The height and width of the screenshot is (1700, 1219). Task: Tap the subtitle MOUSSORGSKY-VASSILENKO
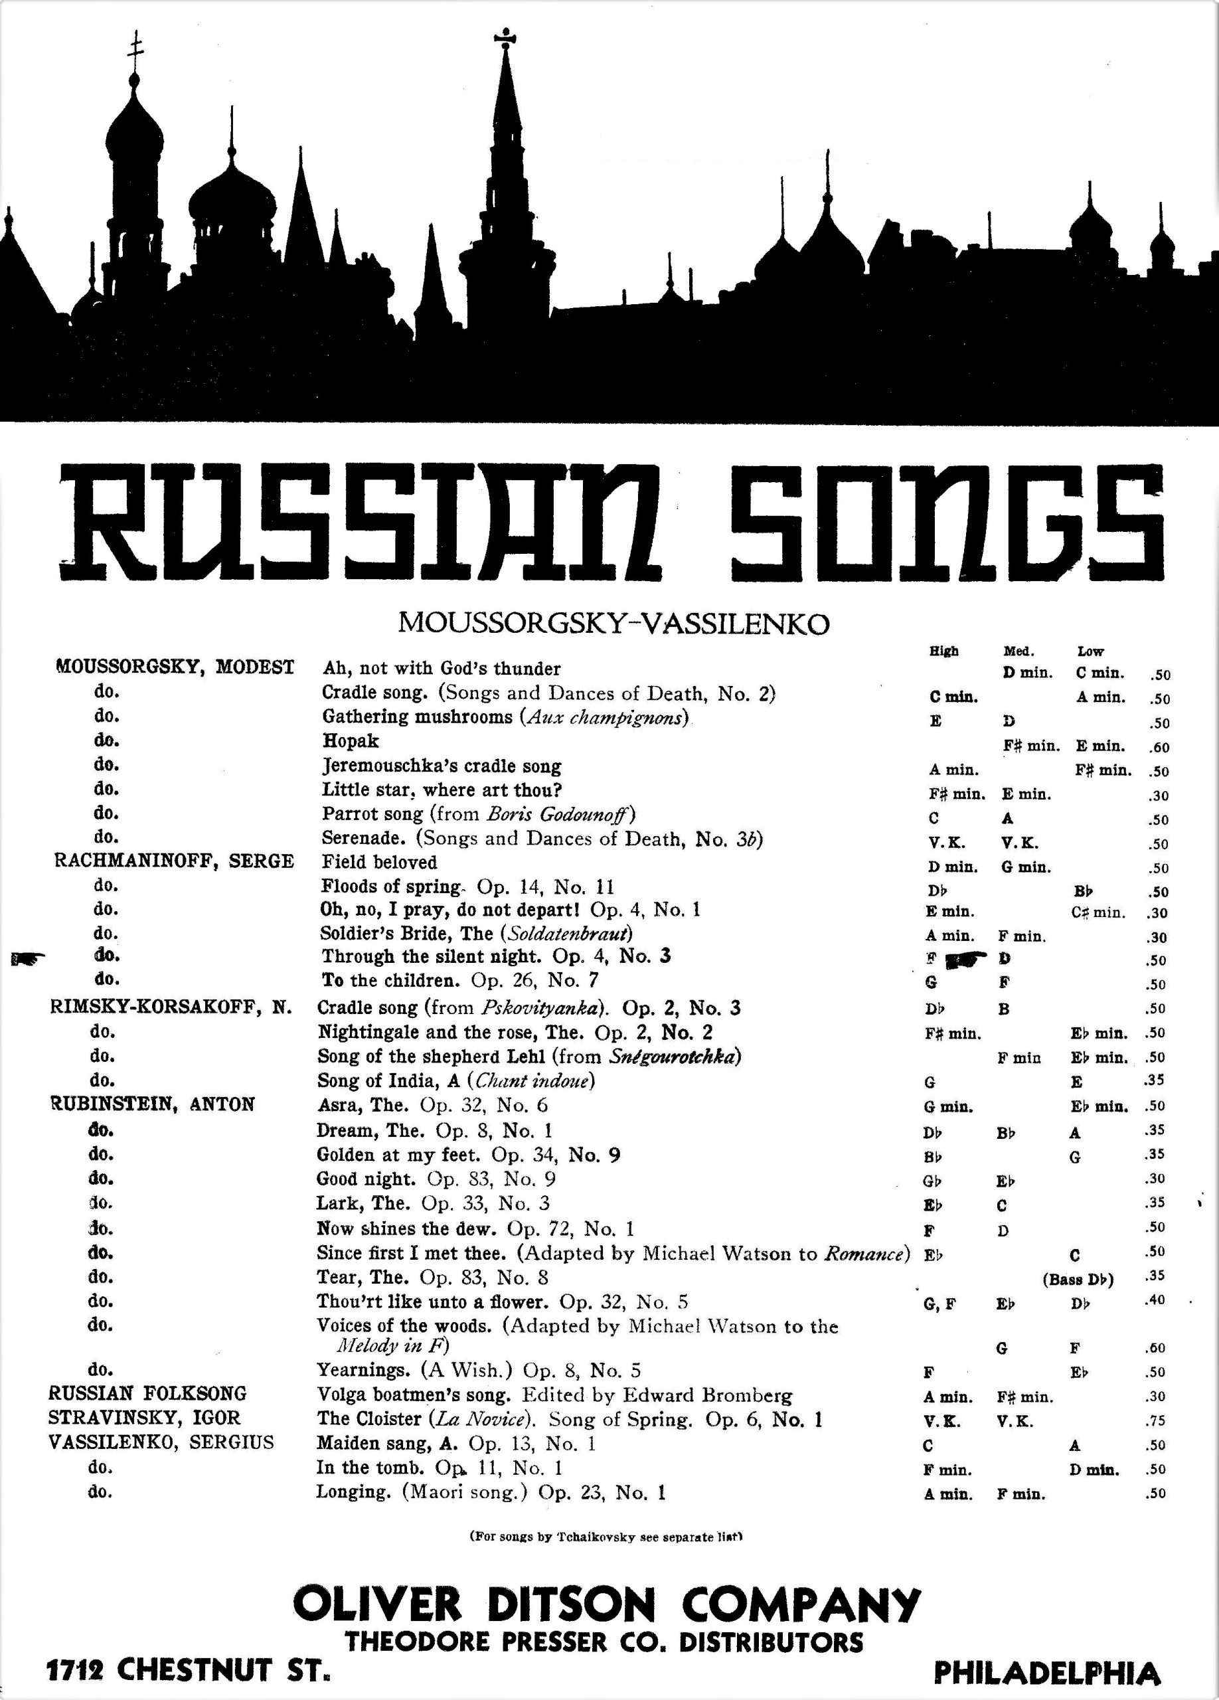point(613,623)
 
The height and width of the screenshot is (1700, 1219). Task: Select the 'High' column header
point(943,651)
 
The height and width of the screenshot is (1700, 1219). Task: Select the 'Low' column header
point(1090,651)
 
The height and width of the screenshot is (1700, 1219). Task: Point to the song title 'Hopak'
point(350,740)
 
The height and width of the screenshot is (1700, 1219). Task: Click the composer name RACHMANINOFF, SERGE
point(174,861)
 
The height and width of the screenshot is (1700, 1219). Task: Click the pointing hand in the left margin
point(29,956)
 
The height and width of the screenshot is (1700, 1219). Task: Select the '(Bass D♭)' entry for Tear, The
point(1078,1280)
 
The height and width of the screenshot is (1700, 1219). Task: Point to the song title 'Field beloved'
point(379,862)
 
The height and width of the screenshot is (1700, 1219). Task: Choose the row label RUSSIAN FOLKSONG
point(147,1393)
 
